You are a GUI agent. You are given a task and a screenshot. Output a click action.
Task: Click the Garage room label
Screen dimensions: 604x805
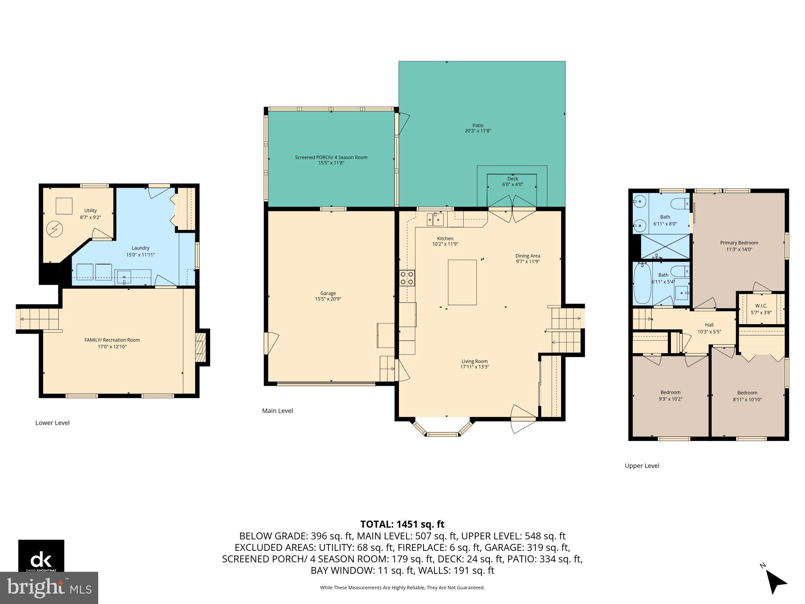click(328, 293)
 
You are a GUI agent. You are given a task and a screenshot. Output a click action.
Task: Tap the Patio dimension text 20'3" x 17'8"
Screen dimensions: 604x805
click(478, 131)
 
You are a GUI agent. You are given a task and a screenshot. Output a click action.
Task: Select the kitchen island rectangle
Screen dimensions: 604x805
click(462, 282)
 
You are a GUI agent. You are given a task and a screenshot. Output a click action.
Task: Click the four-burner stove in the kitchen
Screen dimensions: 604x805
click(407, 278)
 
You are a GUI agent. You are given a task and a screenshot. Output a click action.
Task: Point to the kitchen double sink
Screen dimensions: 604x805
click(435, 220)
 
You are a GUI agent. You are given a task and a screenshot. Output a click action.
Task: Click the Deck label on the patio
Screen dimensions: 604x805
click(512, 178)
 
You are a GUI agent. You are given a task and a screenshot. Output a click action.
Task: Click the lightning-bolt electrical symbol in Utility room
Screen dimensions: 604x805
click(54, 229)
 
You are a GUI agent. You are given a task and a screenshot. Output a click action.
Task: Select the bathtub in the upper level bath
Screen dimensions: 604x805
click(642, 283)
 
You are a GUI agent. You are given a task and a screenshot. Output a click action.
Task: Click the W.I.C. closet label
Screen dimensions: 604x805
click(761, 306)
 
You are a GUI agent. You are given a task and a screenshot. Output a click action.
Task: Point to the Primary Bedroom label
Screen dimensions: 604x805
click(739, 243)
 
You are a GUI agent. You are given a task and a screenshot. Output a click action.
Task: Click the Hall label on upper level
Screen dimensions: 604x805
click(709, 325)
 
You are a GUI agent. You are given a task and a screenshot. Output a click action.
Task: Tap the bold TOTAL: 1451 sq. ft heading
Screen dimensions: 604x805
click(402, 524)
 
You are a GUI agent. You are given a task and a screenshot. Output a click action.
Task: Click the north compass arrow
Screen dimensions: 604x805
click(776, 582)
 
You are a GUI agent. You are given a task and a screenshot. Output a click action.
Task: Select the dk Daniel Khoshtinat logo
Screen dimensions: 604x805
click(41, 556)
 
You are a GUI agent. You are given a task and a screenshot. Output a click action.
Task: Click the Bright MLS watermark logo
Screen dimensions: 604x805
click(49, 587)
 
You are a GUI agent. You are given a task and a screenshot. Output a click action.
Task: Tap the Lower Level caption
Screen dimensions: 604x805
click(52, 423)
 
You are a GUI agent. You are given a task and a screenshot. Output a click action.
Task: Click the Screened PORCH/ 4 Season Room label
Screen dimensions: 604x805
click(331, 157)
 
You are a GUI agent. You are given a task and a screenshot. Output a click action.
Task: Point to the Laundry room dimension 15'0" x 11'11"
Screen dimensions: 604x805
click(140, 255)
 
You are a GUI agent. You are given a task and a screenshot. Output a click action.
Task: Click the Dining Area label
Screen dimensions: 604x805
click(528, 256)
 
